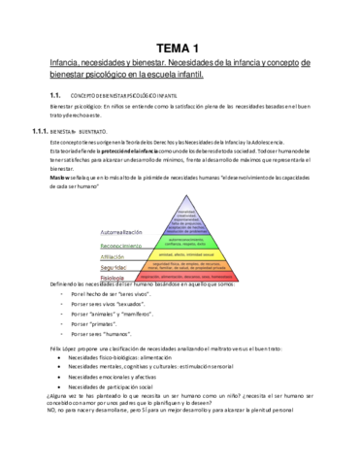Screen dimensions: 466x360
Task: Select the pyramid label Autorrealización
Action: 125,206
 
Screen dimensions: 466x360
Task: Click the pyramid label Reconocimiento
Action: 126,218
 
